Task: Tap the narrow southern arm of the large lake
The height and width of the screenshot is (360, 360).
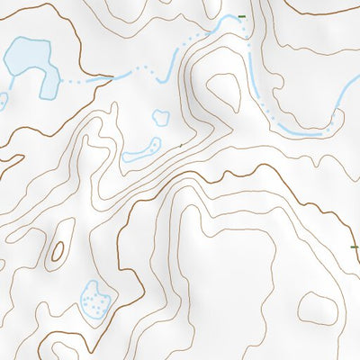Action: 43,85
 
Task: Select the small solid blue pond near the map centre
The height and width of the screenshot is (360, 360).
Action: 161,116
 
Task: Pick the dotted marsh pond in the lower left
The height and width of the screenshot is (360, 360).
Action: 94,298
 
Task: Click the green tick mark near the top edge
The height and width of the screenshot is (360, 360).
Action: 241,16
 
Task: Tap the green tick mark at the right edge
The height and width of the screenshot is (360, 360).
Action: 354,246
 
